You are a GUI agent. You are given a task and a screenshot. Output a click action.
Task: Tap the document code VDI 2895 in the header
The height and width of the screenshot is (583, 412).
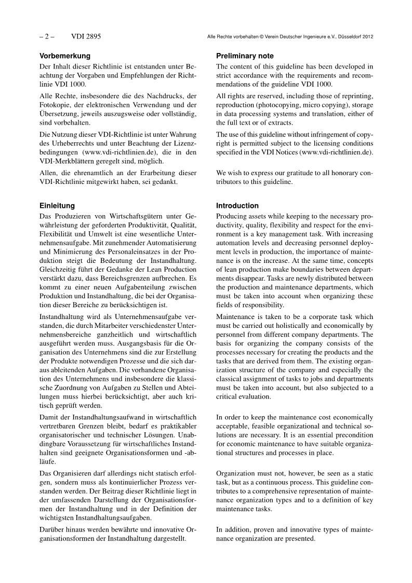click(86, 36)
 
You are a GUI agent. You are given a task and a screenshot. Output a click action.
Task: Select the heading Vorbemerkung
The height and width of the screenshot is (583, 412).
click(65, 56)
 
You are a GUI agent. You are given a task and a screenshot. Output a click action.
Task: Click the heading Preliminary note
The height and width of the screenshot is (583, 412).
click(245, 56)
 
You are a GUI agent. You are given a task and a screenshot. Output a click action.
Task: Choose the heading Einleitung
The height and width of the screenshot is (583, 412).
click(57, 206)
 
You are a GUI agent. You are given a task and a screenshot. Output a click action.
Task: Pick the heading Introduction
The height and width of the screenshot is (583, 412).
click(237, 206)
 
